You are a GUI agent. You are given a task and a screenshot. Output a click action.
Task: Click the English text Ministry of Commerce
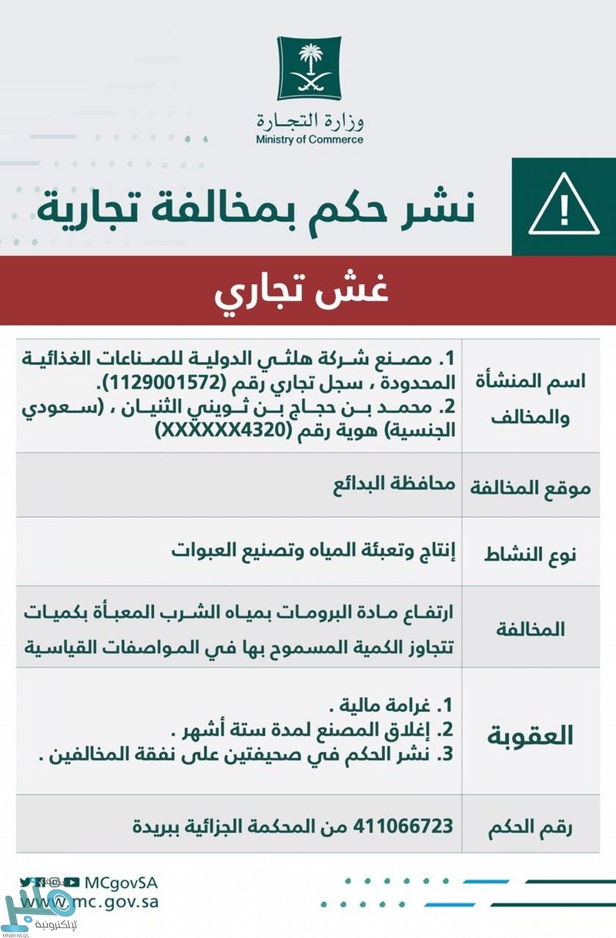310,140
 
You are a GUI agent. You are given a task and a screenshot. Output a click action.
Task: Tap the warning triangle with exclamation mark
564,205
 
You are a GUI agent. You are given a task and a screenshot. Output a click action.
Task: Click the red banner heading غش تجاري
308,292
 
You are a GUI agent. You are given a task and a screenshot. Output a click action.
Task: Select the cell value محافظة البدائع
393,485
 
